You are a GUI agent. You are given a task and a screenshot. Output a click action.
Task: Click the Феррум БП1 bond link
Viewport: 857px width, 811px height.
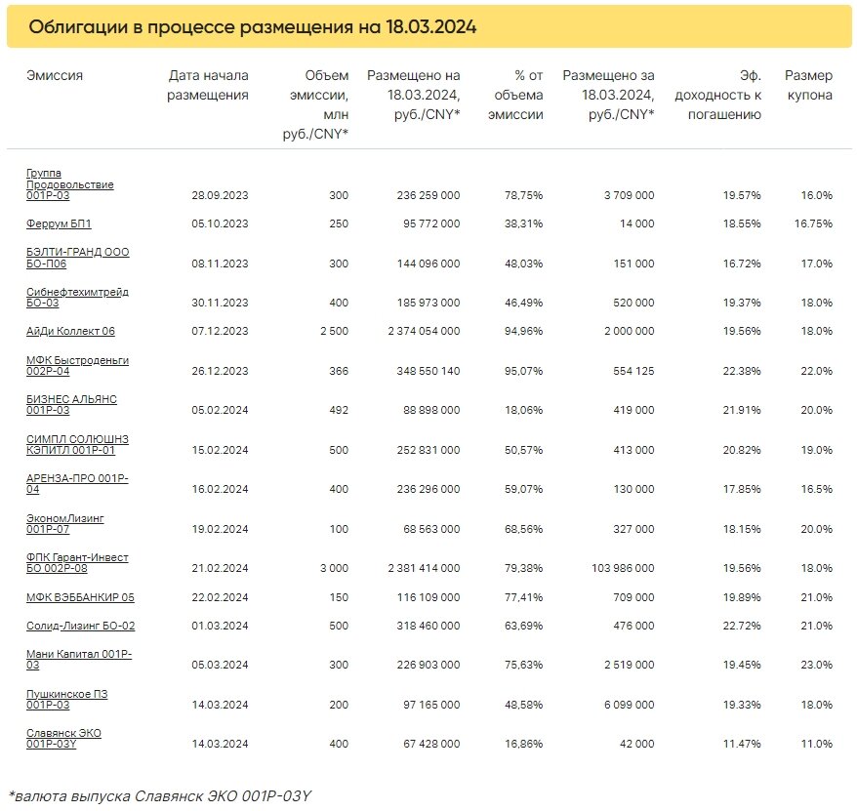coord(59,223)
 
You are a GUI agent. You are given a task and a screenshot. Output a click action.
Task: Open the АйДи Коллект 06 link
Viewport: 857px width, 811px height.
coord(70,331)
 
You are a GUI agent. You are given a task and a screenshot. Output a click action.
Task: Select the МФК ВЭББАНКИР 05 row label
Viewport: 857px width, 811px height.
coord(80,597)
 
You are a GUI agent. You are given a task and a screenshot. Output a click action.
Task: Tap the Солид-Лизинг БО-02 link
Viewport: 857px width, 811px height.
coord(80,626)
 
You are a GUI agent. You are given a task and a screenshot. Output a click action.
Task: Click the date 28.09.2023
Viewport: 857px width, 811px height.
coord(220,195)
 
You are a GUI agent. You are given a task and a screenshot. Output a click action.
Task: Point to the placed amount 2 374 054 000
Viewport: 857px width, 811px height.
coord(425,331)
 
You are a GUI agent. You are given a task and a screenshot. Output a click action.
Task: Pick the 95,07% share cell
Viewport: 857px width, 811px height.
coord(523,371)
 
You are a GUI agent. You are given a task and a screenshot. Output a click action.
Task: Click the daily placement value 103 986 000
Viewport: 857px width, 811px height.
coord(623,568)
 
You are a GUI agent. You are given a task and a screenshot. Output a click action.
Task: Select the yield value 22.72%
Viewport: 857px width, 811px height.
coord(742,626)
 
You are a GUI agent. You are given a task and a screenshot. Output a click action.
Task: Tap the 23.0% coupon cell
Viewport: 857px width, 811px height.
coord(817,665)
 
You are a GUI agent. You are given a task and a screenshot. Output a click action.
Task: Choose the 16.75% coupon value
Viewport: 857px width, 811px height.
coord(813,223)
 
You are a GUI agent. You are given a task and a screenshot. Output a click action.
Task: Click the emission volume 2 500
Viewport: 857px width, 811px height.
coord(335,331)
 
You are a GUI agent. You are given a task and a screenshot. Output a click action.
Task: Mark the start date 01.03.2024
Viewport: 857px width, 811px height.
coord(220,626)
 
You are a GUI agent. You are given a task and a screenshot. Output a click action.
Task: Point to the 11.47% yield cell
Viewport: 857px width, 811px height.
coord(742,744)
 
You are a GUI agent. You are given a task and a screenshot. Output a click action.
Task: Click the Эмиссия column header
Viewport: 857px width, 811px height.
coord(55,75)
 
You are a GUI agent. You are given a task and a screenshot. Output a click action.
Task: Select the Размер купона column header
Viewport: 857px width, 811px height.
coord(809,85)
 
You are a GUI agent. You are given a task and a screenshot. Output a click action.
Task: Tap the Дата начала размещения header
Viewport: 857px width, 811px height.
coord(208,85)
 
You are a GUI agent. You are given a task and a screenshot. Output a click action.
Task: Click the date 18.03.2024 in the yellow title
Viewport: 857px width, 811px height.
coord(431,26)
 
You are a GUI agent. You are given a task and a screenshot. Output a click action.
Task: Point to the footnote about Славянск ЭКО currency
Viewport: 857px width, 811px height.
coord(160,795)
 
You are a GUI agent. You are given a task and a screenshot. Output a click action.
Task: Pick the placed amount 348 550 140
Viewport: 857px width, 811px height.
coord(428,371)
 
